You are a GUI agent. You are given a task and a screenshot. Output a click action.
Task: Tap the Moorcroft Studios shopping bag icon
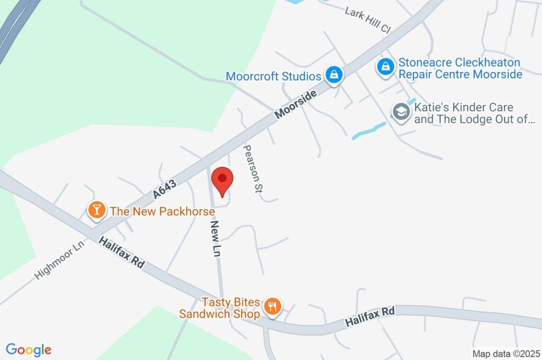[x=335, y=75]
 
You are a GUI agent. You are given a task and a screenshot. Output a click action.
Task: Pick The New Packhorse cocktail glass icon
[x=96, y=210]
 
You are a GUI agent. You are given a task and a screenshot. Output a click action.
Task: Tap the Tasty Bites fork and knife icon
[x=273, y=306]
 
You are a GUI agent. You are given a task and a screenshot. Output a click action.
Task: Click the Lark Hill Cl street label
[x=367, y=20]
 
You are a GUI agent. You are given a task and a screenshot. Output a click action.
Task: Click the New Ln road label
[x=215, y=239]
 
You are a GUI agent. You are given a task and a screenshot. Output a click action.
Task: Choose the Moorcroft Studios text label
[x=273, y=76]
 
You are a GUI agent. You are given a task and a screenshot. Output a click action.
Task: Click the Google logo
[x=29, y=349]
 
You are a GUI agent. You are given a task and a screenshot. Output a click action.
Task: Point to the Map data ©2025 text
[x=506, y=354]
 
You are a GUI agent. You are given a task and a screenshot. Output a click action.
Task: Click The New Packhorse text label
[x=162, y=211]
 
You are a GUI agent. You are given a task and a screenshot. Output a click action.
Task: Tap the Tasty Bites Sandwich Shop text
[x=220, y=308]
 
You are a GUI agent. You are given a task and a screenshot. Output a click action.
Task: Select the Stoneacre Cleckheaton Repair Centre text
[x=460, y=68]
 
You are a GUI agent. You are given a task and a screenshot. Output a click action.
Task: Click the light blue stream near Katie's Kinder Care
[x=368, y=130]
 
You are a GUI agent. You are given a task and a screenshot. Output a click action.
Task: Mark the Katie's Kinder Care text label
[x=471, y=113]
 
